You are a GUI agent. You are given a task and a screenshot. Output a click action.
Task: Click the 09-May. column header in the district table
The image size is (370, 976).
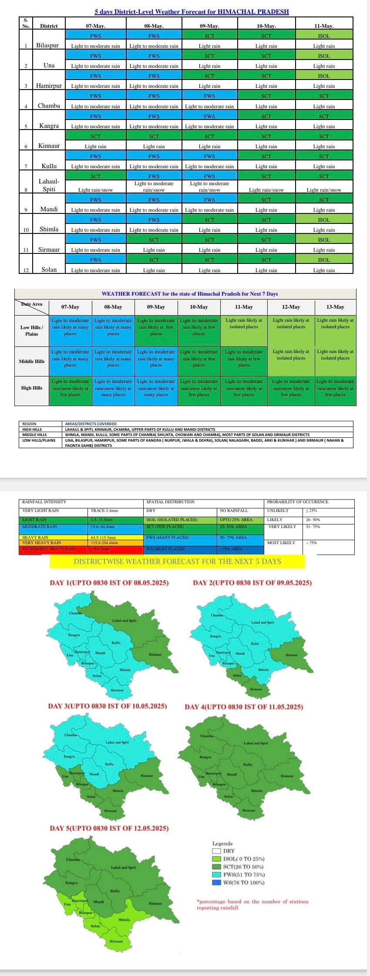pos(209,26)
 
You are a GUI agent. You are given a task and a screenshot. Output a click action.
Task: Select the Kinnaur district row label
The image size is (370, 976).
pos(49,146)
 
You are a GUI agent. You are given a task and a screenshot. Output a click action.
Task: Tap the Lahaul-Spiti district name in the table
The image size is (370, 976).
pos(49,185)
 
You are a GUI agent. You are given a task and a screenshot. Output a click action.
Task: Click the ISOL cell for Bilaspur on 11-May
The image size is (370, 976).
pos(324,36)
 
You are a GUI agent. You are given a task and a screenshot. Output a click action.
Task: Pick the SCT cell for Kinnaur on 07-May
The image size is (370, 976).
pos(95,136)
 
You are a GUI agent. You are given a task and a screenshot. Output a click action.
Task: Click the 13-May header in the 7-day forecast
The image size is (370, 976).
pos(335,307)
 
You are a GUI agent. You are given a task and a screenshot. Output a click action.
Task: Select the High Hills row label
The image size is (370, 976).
pos(32,388)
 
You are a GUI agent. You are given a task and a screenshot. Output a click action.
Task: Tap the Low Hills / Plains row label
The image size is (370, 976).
pos(32,330)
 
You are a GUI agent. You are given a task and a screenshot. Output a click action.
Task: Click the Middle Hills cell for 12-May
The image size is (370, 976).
pos(291,355)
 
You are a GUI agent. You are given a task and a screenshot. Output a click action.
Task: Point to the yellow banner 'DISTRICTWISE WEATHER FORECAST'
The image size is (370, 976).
pos(177,561)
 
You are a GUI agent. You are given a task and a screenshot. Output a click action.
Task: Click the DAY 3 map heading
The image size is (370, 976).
pos(107,706)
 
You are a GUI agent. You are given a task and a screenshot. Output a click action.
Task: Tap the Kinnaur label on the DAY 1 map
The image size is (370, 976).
pos(155,654)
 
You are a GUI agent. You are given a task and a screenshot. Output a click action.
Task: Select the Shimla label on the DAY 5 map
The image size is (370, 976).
pos(124,919)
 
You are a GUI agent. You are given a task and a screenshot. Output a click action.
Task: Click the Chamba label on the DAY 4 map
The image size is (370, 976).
pos(207,736)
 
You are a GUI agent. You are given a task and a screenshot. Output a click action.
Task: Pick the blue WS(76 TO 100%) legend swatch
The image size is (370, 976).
pos(217,883)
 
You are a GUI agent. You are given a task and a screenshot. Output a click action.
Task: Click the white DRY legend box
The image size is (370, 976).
pos(217,851)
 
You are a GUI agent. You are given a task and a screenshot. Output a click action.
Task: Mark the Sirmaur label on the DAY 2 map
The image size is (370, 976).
pos(256,689)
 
